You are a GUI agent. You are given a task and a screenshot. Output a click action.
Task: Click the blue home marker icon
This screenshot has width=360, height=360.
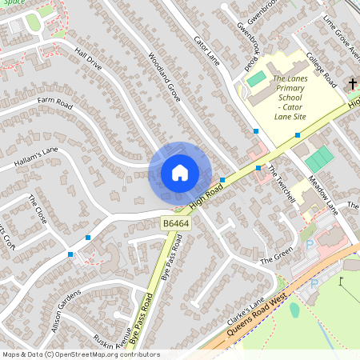pyautogui.click(x=179, y=173)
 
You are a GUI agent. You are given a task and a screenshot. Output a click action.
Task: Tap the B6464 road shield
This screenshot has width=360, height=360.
pyautogui.click(x=175, y=223)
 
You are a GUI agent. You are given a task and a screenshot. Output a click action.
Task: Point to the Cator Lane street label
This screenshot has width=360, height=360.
pyautogui.click(x=206, y=50)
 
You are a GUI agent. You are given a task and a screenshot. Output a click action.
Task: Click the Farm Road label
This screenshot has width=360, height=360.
pyautogui.click(x=54, y=102)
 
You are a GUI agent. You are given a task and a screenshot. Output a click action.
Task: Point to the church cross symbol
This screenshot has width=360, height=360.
pyautogui.click(x=353, y=83)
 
